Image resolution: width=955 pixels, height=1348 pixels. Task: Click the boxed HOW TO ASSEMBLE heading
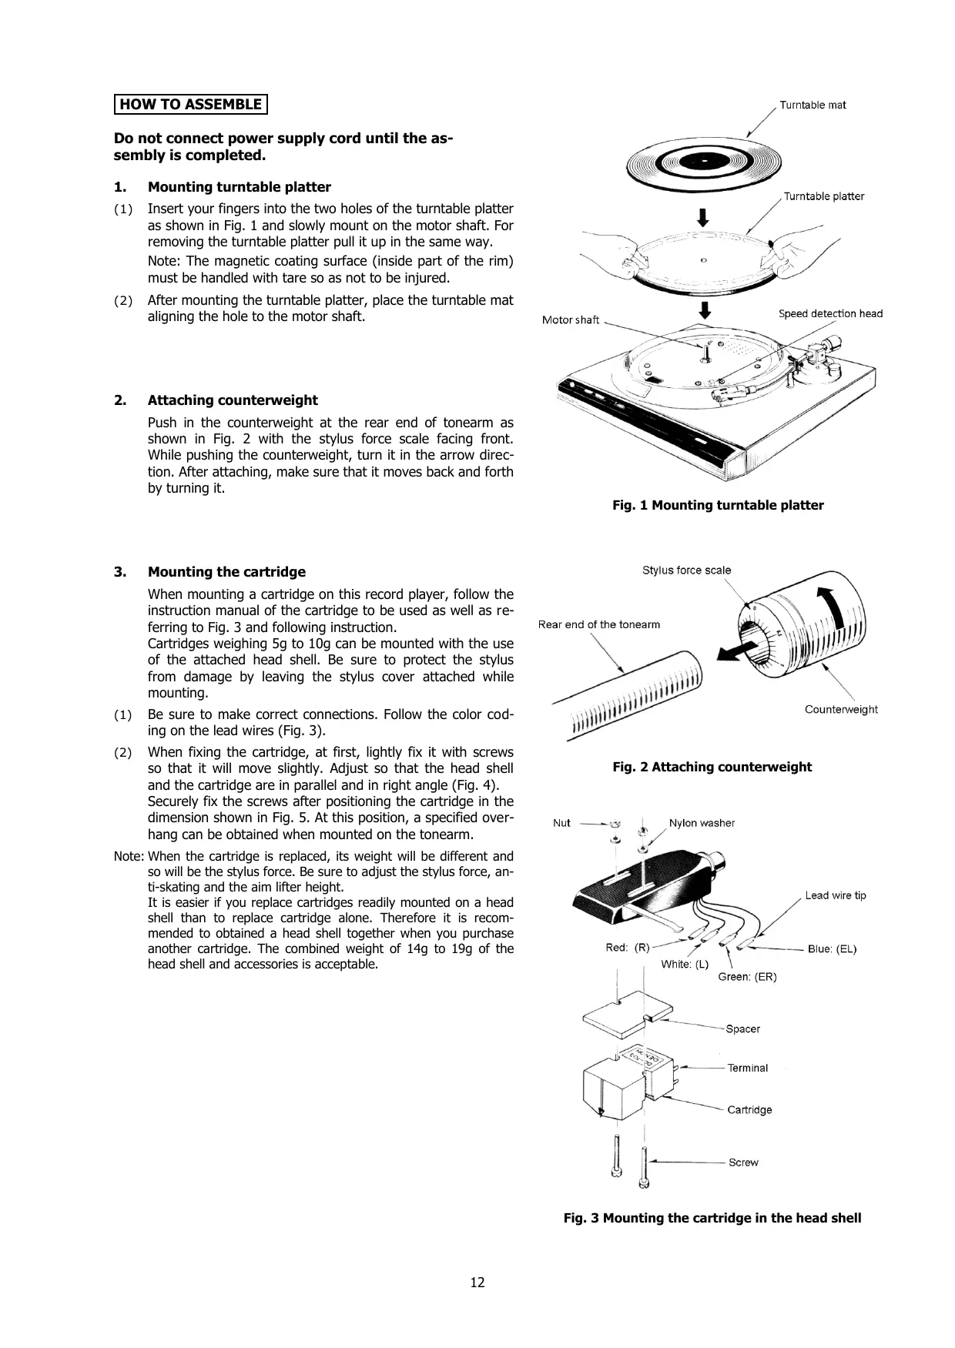coord(190,104)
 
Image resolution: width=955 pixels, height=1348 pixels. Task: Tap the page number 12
coord(477,1282)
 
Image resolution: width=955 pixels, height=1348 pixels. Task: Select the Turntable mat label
coord(813,105)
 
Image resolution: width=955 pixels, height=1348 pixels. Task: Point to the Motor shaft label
coord(570,319)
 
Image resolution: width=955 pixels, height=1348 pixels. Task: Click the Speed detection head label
coord(830,313)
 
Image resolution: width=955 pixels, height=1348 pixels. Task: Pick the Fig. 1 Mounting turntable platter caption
coord(718,505)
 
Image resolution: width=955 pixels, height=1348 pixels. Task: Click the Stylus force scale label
coord(686,570)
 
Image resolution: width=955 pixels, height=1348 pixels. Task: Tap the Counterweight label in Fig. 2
coord(841,709)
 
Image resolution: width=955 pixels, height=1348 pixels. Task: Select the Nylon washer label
coord(702,823)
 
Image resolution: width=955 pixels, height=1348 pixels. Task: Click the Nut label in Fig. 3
coord(561,823)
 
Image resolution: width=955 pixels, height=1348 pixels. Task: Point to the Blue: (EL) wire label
coord(832,948)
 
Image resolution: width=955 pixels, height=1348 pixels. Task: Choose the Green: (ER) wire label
coord(747,976)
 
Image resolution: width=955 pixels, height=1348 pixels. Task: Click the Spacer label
coord(742,1029)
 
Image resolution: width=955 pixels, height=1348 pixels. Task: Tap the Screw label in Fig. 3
coord(743,1162)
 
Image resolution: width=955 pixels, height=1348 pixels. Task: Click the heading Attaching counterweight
coord(233,400)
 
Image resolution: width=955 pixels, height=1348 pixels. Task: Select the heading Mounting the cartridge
coord(226,571)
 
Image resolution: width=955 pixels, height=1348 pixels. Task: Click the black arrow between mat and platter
coord(702,217)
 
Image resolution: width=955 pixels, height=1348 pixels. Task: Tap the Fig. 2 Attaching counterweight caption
coord(712,767)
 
